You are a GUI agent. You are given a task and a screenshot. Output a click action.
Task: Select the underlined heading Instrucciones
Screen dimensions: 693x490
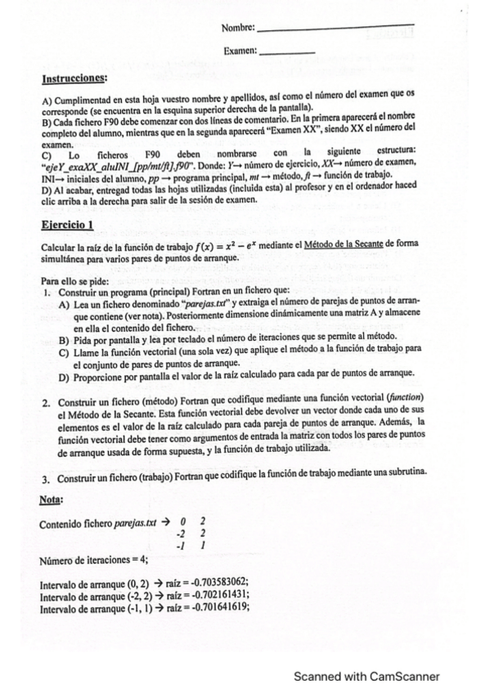[x=74, y=78]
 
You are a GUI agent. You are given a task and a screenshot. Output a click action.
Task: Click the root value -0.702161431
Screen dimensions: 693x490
[x=214, y=595]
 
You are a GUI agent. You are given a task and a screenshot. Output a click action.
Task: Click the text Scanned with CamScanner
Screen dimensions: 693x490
[x=366, y=676]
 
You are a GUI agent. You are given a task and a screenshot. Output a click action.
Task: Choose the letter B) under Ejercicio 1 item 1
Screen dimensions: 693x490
[x=65, y=338]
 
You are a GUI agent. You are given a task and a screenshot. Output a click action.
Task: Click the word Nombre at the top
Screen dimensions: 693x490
[x=238, y=29]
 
